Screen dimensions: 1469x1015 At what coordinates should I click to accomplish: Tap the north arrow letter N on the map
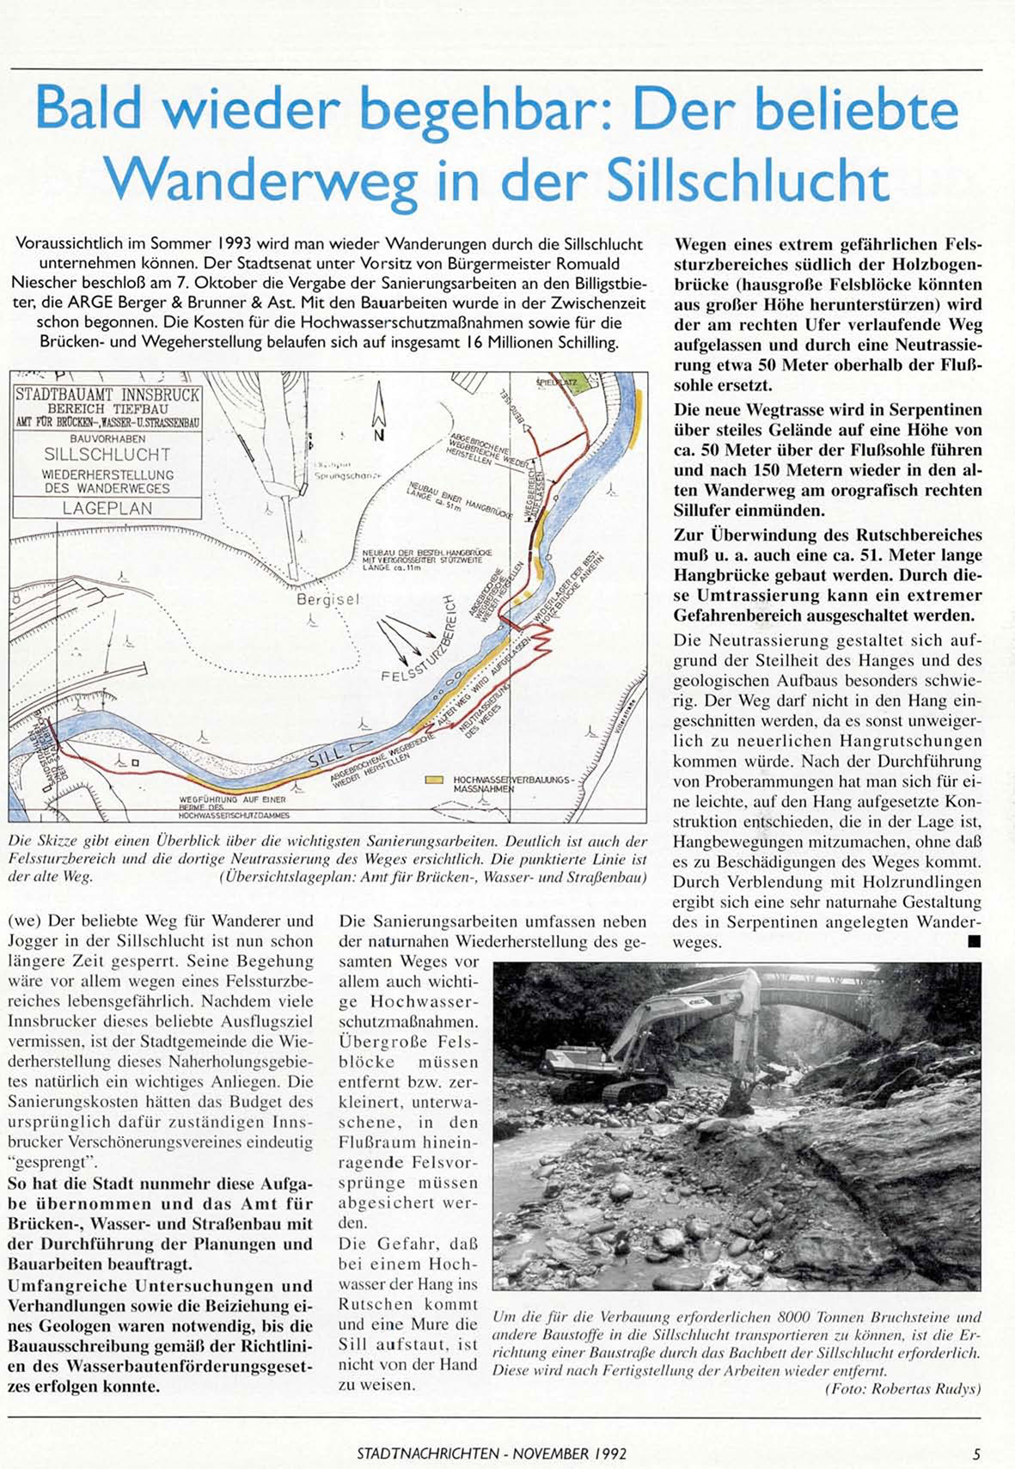pos(378,435)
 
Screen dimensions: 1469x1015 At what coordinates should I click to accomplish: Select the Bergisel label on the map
pos(327,599)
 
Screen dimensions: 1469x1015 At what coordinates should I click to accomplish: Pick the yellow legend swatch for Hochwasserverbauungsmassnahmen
pos(436,780)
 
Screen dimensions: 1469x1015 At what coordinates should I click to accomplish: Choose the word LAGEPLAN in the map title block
pos(107,508)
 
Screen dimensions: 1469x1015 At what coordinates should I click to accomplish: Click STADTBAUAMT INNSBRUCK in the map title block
pos(107,395)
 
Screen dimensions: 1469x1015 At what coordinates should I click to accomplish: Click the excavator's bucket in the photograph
pos(737,1100)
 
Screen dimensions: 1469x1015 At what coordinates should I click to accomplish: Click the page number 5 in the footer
pos(976,1454)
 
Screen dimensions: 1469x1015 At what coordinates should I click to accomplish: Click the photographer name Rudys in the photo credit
pos(959,1389)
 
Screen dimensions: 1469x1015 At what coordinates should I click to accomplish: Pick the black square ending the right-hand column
pos(973,942)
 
